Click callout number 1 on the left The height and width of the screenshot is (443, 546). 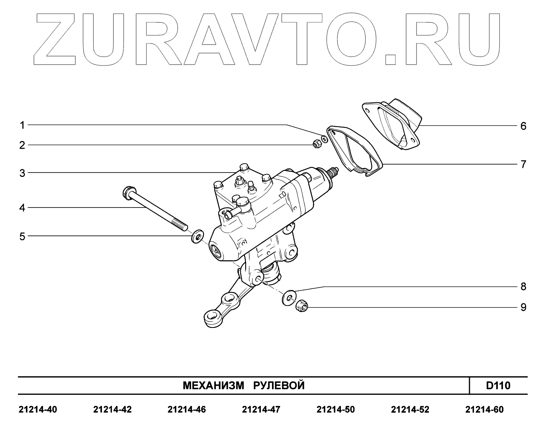[x=23, y=125]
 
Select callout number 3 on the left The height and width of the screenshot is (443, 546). [x=23, y=173]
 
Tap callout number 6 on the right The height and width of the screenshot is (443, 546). [x=523, y=126]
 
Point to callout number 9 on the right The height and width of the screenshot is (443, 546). [x=523, y=308]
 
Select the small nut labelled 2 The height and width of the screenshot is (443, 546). [x=317, y=144]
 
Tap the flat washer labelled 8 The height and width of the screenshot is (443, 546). [x=288, y=298]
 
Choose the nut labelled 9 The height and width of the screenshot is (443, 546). [x=302, y=307]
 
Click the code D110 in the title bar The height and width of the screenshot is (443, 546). [x=498, y=386]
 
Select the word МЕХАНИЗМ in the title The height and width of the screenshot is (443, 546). [x=213, y=386]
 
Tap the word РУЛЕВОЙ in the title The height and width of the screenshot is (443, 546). [x=279, y=386]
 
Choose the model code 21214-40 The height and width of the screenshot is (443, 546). [x=38, y=410]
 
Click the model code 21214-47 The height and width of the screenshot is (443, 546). [x=261, y=410]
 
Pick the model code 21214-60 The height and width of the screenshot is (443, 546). [x=484, y=410]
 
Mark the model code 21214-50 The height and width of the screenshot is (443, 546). [x=335, y=410]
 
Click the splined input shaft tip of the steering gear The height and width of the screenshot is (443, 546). [x=333, y=173]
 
